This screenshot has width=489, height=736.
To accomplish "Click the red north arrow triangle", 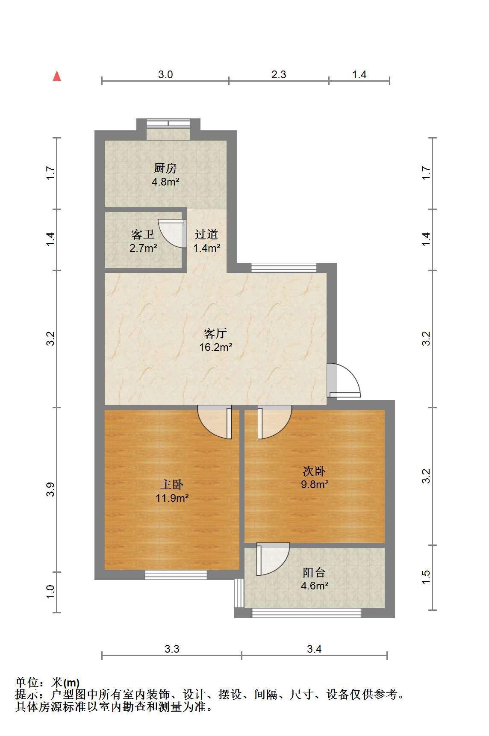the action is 56,76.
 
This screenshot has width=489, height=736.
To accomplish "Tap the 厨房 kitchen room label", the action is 165,168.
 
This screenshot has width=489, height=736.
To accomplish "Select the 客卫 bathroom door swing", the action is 172,233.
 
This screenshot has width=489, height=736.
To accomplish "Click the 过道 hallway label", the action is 206,234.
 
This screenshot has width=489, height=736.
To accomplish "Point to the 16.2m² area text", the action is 216,347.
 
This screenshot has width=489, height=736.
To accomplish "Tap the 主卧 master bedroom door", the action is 215,422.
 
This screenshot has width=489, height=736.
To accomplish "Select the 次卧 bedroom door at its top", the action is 274,422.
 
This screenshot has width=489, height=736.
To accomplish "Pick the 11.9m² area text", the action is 173,498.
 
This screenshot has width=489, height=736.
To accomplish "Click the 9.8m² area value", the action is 315,484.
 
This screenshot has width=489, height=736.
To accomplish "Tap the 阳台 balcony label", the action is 315,573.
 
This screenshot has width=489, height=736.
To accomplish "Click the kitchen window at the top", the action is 168,124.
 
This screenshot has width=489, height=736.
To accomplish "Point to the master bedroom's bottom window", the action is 176,575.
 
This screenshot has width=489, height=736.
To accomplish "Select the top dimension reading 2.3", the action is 279,75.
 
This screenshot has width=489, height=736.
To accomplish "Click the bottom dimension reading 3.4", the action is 314,649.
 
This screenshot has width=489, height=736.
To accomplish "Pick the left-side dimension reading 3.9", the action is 51,489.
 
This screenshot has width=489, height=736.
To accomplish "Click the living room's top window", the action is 284,268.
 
